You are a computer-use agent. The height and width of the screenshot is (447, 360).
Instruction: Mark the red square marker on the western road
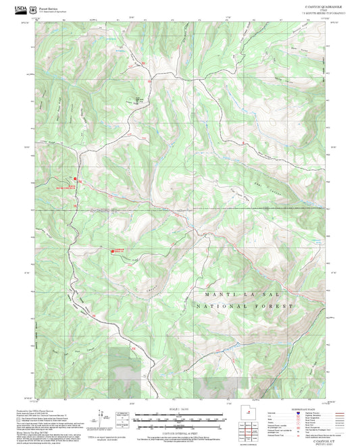pos(75,179)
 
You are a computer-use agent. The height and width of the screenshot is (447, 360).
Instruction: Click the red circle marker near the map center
pos(112,252)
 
